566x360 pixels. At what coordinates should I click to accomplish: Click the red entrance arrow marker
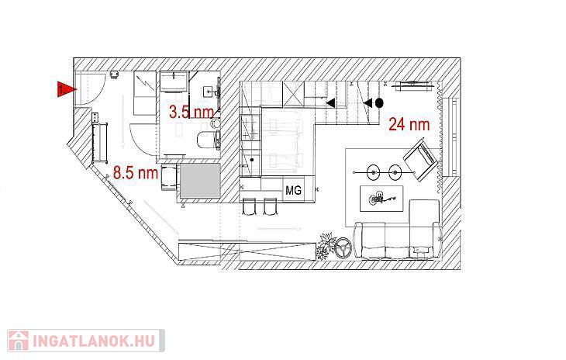[x=67, y=88]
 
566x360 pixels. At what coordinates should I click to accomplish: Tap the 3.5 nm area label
[x=192, y=112]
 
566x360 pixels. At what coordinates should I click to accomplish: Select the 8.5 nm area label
[x=136, y=172]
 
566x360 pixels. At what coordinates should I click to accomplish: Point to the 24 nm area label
[x=409, y=124]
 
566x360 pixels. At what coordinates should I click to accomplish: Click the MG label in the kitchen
[x=293, y=190]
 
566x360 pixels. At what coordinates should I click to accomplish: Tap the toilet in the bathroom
[x=209, y=140]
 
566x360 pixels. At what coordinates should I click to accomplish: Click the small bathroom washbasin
[x=209, y=92]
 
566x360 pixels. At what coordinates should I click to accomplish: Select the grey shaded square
[x=200, y=181]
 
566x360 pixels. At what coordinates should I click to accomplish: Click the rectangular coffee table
[x=381, y=199]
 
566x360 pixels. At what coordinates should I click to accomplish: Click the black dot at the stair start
[x=378, y=103]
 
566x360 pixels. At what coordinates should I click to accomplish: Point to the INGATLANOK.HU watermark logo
[x=86, y=340]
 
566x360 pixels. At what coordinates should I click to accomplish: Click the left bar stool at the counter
[x=248, y=206]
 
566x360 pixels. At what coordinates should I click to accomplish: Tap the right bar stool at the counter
[x=270, y=206]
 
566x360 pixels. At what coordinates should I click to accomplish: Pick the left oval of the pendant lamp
[x=374, y=172]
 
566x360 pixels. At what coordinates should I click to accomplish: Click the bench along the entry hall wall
[x=99, y=144]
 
